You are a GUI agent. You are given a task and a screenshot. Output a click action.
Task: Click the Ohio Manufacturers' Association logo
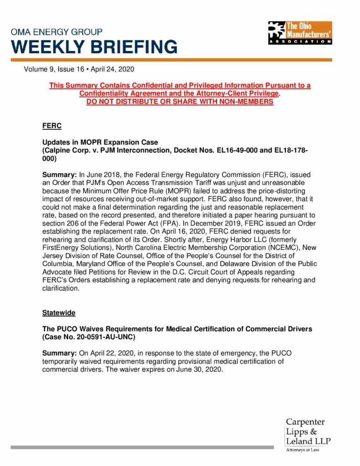pyautogui.click(x=299, y=33)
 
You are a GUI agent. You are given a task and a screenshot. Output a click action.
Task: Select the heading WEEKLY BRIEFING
pyautogui.click(x=94, y=46)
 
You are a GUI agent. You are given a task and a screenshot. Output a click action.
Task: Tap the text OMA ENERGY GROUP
pyautogui.click(x=56, y=32)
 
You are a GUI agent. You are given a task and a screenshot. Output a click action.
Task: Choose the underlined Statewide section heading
pyautogui.click(x=59, y=313)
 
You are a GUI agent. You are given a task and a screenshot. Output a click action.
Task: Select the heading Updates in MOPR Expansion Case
pyautogui.click(x=100, y=142)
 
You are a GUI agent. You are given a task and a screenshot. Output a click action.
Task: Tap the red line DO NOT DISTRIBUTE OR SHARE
pyautogui.click(x=180, y=101)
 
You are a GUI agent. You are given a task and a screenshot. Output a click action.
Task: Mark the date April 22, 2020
pyautogui.click(x=106, y=353)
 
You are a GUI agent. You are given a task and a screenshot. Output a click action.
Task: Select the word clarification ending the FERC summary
pyautogui.click(x=61, y=288)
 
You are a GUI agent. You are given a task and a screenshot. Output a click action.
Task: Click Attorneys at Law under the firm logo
pyautogui.click(x=303, y=450)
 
